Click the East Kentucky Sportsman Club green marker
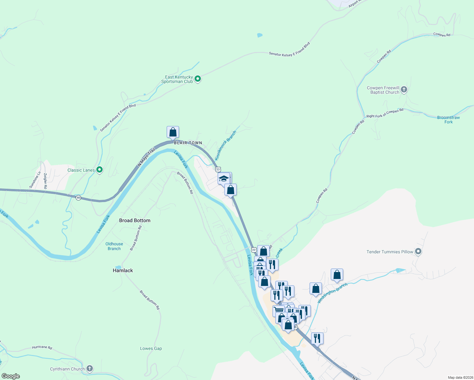pos(198,79)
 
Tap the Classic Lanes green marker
pos(99,170)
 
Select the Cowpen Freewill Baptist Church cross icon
pos(404,90)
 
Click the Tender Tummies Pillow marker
pos(418,252)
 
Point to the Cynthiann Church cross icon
pos(90,368)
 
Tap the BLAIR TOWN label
pos(188,143)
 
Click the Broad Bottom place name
pos(135,220)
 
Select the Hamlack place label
pos(123,270)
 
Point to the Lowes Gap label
pos(151,348)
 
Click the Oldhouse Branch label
pos(114,246)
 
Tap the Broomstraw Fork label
pos(448,120)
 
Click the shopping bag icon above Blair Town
pos(173,132)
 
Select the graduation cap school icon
pos(224,178)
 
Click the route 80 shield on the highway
pos(78,198)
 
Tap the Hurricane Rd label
pos(42,347)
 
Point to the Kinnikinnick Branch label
pos(225,146)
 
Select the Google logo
pos(11,376)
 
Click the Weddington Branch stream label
pos(332,293)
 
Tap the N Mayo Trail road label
pos(146,157)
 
